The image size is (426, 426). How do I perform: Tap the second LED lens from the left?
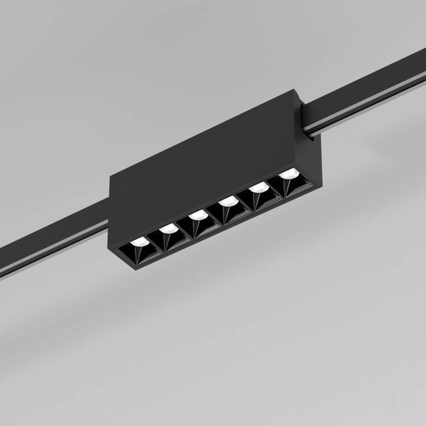click(x=168, y=229)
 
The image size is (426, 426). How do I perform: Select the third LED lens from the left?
click(x=198, y=215)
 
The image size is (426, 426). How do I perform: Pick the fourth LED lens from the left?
click(x=228, y=201)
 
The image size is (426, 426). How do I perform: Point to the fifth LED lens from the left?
click(x=259, y=187)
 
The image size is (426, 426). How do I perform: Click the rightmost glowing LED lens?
click(x=288, y=174)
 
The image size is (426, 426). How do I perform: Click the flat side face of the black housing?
click(x=202, y=160)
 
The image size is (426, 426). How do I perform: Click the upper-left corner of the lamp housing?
click(x=111, y=177)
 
